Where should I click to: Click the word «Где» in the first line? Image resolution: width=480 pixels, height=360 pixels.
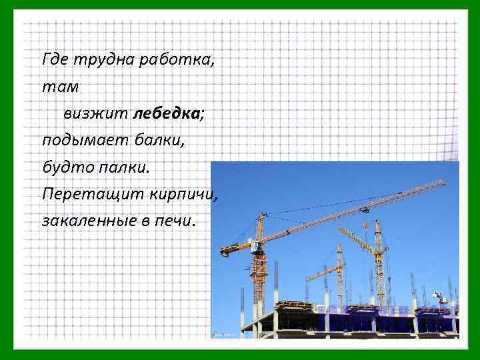[x=54, y=61]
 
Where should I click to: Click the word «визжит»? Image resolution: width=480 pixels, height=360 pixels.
[x=96, y=114]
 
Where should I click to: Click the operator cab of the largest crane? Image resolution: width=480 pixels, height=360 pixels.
[x=255, y=248]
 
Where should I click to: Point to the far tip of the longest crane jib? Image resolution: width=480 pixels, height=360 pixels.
[x=443, y=183]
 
